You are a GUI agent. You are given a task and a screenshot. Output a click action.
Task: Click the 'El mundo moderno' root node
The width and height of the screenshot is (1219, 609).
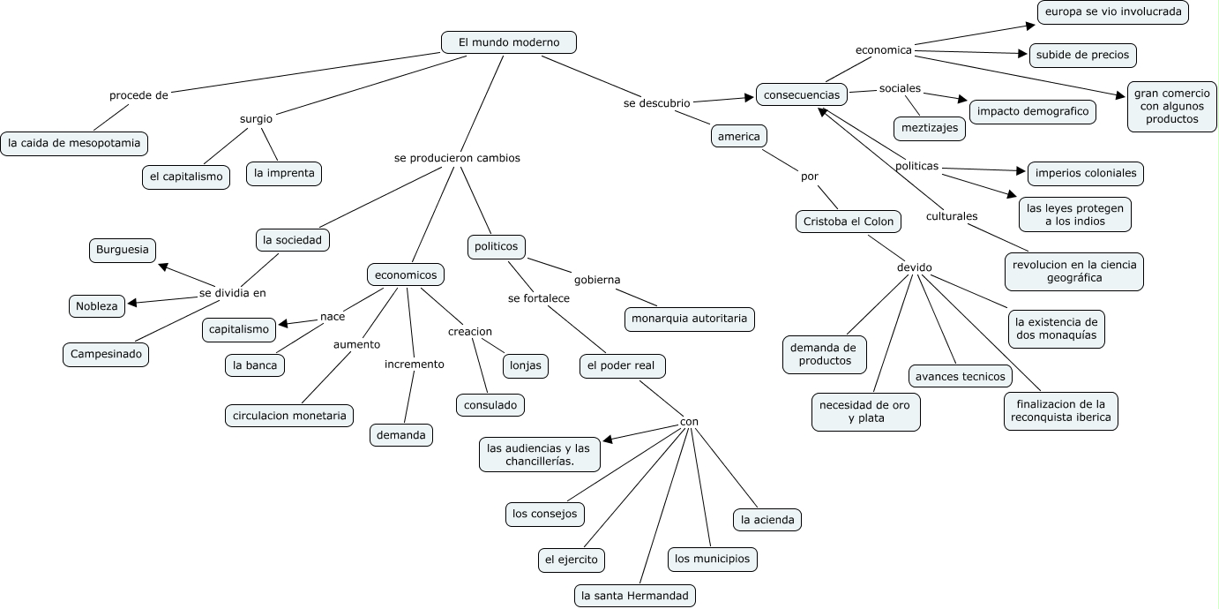point(509,42)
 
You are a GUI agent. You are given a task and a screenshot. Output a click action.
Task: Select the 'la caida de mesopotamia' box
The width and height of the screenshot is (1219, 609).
point(74,143)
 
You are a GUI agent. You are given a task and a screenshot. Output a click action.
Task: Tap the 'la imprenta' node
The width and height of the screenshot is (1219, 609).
point(284,173)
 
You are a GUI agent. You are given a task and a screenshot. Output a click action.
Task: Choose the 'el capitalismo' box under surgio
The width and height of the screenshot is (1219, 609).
point(186,177)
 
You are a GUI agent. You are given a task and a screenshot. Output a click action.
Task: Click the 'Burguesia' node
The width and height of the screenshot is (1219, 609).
point(123,250)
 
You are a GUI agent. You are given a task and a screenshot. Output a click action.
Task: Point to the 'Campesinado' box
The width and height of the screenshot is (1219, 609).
point(106,355)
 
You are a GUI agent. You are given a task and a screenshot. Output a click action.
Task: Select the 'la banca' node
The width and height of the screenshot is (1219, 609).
point(255,365)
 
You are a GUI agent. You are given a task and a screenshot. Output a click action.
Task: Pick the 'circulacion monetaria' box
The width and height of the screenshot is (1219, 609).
point(289,415)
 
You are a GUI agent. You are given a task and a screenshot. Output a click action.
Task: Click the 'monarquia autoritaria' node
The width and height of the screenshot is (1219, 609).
point(689,319)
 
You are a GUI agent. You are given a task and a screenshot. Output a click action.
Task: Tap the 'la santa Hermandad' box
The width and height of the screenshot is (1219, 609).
point(634,596)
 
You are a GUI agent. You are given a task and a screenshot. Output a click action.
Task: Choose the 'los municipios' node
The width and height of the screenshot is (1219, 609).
point(712,558)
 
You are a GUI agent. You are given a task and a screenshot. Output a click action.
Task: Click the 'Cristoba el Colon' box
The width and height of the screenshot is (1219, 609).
point(848,222)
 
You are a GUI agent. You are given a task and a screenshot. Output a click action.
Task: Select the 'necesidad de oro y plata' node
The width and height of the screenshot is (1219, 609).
point(866,411)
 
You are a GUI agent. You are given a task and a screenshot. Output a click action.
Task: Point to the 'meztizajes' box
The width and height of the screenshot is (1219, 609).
point(929,128)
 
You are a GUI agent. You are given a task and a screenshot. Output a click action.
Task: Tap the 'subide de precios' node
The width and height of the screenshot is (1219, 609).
point(1082,55)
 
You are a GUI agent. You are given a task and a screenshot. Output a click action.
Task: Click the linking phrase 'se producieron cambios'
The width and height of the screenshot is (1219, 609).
point(457,158)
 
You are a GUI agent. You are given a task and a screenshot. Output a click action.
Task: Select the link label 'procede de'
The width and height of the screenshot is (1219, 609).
point(138,95)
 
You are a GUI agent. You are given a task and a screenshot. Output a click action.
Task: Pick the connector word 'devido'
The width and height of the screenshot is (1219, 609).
point(914,267)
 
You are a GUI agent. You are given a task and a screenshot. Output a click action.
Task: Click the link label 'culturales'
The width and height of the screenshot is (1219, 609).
point(952,216)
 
